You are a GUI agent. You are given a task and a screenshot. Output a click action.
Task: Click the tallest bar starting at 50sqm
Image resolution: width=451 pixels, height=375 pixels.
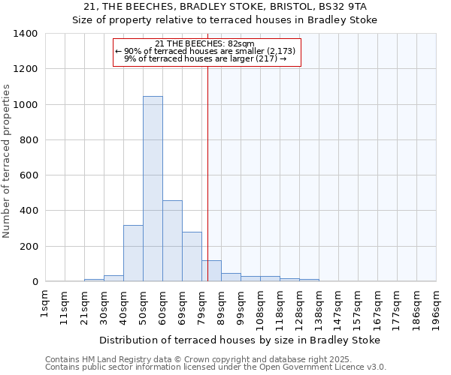[x=153, y=189]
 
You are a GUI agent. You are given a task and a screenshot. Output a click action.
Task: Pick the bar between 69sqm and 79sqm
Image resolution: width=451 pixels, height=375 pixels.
[x=192, y=256]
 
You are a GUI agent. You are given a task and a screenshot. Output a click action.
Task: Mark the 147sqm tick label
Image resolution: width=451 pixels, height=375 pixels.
[x=338, y=307]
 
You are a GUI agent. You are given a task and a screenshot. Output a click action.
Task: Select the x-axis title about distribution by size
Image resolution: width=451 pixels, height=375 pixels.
[x=240, y=340]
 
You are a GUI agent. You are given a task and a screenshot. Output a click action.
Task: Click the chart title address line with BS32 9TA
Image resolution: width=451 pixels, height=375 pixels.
[x=225, y=7]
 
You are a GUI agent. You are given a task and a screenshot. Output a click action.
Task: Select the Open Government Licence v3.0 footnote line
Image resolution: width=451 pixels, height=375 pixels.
[x=216, y=367]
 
